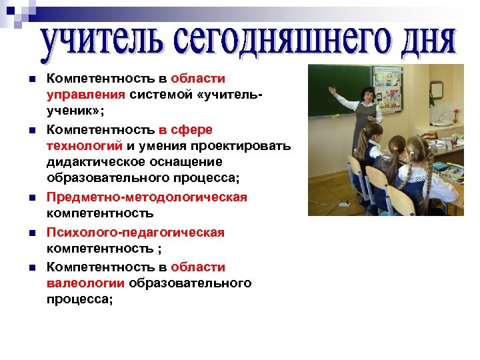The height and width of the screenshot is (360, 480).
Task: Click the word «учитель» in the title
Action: pos(96,41)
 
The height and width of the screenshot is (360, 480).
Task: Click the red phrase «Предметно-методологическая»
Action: pos(147,197)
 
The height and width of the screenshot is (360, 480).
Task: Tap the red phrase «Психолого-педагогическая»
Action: pos(135,232)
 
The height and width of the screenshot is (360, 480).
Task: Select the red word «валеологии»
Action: pos(85,284)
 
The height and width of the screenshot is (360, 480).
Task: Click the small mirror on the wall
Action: pos(437,90)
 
